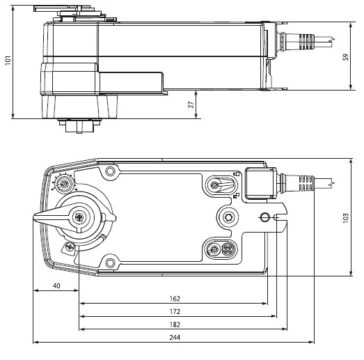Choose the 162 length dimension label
click(x=174, y=298)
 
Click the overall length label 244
click(x=174, y=337)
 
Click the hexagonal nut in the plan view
click(x=228, y=216)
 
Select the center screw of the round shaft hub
click(x=82, y=218)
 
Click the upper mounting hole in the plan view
click(x=108, y=170)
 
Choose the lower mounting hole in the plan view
click(x=108, y=262)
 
